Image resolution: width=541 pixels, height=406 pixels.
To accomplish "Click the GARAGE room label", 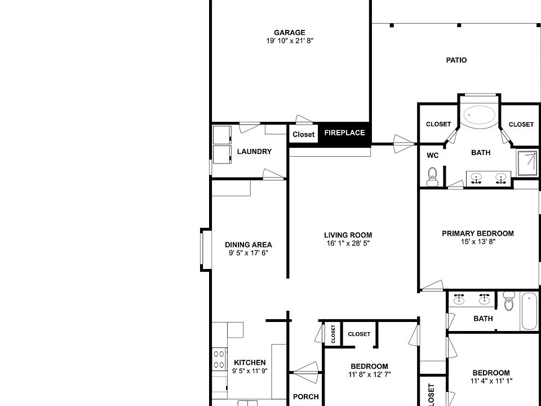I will (x=290, y=33).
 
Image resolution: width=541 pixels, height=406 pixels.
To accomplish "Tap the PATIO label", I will (x=456, y=60).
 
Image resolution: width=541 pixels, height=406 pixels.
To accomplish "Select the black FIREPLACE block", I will (x=344, y=133).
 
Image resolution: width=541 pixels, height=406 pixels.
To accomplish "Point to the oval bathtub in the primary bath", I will (x=480, y=116).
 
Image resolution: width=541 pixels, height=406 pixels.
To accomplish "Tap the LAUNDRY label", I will (x=254, y=152).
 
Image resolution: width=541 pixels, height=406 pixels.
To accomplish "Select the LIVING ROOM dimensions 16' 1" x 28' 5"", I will (x=348, y=244).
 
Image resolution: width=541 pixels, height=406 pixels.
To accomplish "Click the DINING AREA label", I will (x=248, y=245).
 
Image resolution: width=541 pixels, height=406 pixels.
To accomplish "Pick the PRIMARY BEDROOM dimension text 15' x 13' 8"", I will (x=477, y=242).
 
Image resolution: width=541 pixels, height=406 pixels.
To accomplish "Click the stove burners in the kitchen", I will (x=219, y=360).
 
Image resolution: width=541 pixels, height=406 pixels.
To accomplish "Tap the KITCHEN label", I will (x=250, y=363).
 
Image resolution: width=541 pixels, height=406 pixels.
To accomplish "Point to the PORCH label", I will (x=305, y=397).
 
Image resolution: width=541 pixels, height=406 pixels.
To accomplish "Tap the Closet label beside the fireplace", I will (x=303, y=134).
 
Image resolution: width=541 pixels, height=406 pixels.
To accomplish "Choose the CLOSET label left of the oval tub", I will (x=438, y=124).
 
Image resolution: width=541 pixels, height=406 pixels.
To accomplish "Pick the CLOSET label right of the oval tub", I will (x=521, y=124).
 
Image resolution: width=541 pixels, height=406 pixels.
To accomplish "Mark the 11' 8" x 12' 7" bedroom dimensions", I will (x=370, y=374).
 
